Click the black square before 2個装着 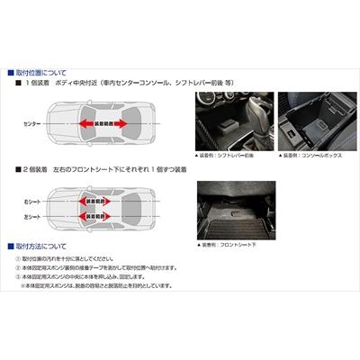[18, 169]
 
